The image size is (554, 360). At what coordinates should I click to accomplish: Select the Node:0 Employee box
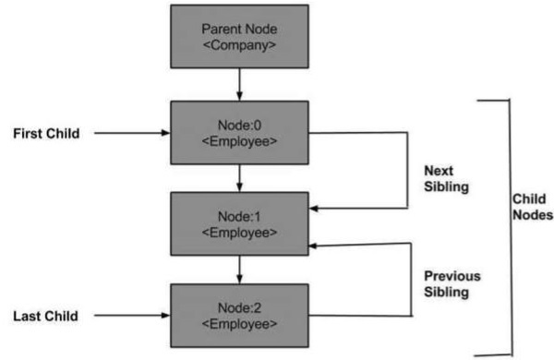(239, 133)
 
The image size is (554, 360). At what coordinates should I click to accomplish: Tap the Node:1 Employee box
(239, 223)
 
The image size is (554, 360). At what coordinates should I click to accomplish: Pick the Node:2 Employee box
(239, 315)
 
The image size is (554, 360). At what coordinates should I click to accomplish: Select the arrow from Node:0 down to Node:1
(239, 178)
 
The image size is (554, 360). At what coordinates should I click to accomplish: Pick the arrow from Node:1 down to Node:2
(239, 270)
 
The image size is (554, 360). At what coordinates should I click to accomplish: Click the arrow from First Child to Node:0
(134, 134)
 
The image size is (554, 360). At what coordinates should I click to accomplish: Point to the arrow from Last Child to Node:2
(134, 316)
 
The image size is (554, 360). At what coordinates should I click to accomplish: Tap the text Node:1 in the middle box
(239, 214)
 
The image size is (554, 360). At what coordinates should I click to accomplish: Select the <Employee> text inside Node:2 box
(239, 324)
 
